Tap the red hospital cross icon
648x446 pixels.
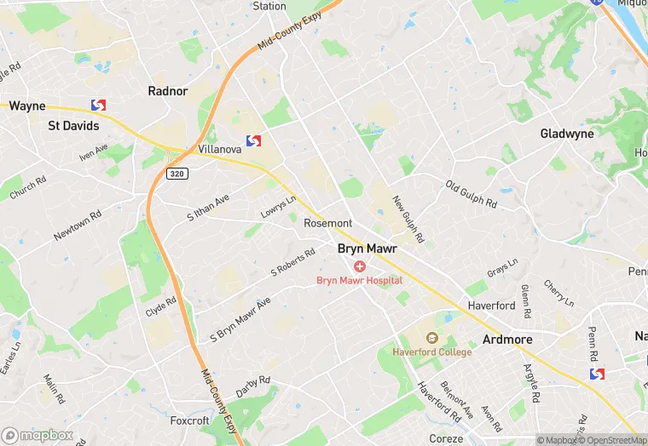[360, 266]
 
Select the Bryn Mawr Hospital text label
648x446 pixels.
[359, 280]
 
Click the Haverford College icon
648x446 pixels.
[431, 339]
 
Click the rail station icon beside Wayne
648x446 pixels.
[99, 106]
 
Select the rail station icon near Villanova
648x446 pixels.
[253, 140]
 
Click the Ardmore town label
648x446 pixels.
[507, 339]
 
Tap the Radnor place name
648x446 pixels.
[167, 91]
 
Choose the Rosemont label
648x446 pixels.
[327, 223]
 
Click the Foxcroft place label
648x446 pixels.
[189, 420]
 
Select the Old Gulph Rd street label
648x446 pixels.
[471, 194]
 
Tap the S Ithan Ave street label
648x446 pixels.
[208, 207]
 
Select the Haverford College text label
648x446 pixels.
[431, 352]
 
